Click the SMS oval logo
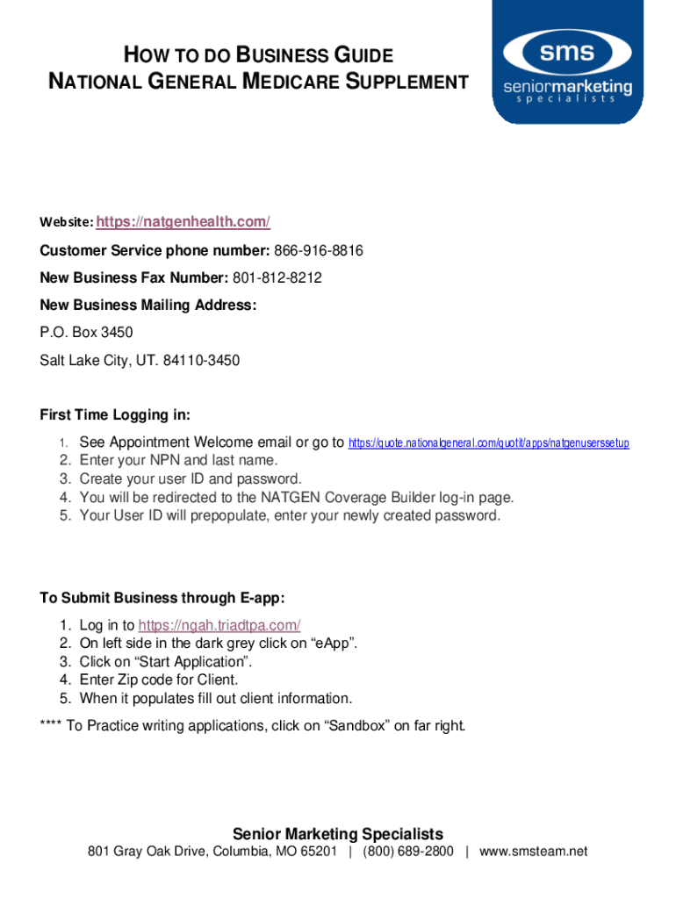coord(566,54)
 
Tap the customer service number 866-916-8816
coord(319,251)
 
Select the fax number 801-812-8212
coord(277,278)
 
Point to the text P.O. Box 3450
coord(86,333)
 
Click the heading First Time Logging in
coord(115,414)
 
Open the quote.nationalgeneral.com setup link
coord(488,443)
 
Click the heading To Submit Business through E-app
coord(162,598)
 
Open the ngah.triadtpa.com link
coord(219,625)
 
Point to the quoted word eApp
coord(333,644)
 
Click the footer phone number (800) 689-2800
coord(408,852)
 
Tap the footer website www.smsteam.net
coord(533,852)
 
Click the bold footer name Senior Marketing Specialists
coord(338,834)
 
